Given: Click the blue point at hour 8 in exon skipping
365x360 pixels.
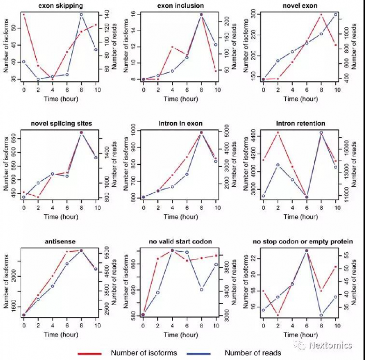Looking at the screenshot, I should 82,14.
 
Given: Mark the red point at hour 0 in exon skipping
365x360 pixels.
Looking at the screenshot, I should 24,14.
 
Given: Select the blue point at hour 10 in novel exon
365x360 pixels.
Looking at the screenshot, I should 335,14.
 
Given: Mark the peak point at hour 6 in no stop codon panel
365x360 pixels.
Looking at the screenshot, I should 306,250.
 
